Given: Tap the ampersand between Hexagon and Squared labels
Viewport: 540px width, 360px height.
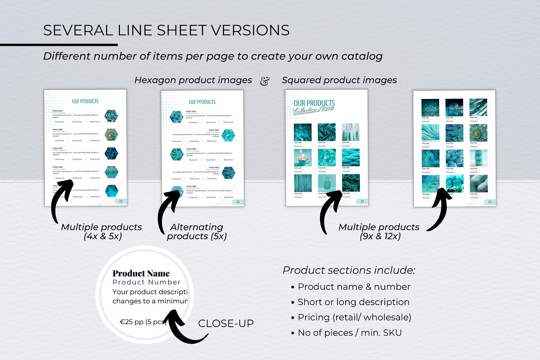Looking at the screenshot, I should (x=265, y=80).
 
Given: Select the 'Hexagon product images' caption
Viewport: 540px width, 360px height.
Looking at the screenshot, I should (x=193, y=80).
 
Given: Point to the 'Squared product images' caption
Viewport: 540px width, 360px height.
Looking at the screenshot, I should (x=339, y=80).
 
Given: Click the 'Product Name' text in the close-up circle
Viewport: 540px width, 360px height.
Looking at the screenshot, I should (x=141, y=273).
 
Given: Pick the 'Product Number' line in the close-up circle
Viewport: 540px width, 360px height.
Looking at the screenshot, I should (x=146, y=282).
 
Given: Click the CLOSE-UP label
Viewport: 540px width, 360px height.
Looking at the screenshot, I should (x=226, y=324).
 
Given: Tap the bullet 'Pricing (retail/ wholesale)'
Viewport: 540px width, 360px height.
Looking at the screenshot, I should (x=354, y=317).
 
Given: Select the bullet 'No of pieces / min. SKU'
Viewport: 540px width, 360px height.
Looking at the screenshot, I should (x=350, y=333).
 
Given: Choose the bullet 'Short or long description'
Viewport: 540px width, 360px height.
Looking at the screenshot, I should (x=353, y=302).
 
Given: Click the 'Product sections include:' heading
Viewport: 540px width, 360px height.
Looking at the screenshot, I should (x=349, y=270).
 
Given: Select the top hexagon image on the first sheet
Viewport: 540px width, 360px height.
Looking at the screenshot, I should (x=112, y=116).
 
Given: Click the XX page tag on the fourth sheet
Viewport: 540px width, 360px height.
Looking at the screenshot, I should (x=490, y=202).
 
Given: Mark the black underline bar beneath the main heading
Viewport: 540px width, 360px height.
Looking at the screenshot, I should (x=58, y=45).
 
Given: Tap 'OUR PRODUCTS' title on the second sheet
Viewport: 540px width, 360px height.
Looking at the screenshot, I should (x=202, y=102).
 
